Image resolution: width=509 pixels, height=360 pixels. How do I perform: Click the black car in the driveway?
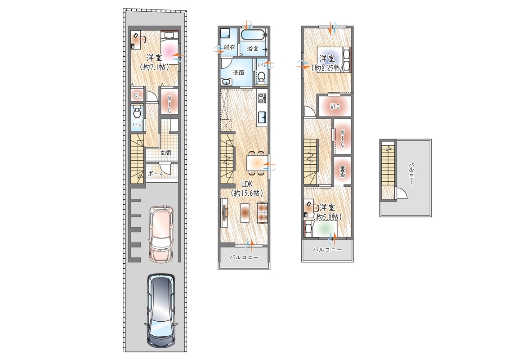(161, 310)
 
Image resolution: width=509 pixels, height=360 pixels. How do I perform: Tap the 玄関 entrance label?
(165, 153)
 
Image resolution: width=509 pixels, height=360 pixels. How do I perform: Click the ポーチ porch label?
(156, 174)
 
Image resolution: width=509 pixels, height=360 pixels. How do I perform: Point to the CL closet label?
(137, 95)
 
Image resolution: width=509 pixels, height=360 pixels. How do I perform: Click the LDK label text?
(246, 184)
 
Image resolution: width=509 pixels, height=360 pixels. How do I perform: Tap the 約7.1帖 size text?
(154, 67)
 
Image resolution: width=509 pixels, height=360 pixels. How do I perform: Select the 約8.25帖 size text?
(327, 67)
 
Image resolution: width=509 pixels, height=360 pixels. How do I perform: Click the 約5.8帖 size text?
(327, 217)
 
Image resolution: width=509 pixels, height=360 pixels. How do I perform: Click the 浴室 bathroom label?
(253, 49)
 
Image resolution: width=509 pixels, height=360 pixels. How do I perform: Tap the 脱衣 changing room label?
(229, 47)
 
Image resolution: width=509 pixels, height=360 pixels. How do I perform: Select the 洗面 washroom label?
(239, 73)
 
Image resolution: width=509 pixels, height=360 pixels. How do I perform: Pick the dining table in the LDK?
(257, 162)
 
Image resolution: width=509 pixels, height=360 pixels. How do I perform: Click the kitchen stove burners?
(262, 98)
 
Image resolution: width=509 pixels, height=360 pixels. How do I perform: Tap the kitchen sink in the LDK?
(262, 117)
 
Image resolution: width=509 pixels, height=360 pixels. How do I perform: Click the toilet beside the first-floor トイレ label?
(137, 113)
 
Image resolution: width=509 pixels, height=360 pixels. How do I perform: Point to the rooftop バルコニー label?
(411, 174)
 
